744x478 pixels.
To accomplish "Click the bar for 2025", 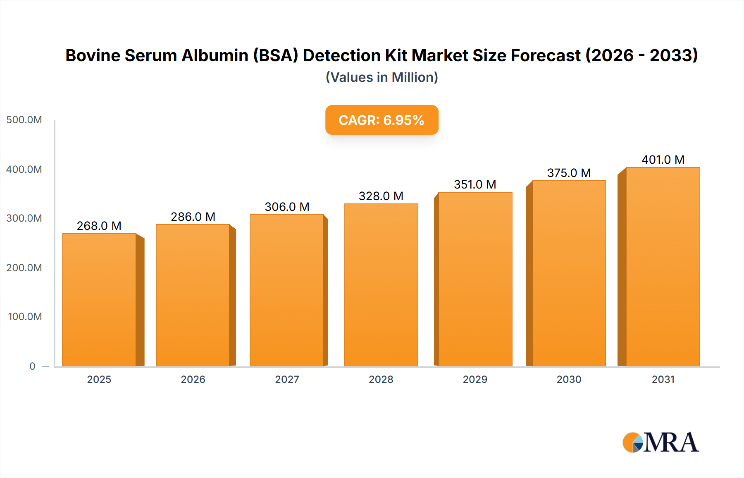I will [99, 300].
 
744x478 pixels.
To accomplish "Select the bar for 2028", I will [381, 285].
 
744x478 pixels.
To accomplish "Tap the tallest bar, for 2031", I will [663, 267].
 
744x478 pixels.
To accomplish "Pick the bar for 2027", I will [287, 290].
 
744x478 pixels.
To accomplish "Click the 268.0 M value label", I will [99, 226].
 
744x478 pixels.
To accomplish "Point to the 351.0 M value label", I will [475, 184].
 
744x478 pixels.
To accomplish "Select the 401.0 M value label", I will [663, 160].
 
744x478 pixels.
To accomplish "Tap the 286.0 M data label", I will [193, 217].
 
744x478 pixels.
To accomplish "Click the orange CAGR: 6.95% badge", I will [382, 120].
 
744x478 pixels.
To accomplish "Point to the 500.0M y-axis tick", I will [24, 120].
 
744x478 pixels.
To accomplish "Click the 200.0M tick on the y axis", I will [24, 268].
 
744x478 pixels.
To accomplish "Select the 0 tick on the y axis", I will [32, 366].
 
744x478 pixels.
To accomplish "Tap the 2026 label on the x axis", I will [193, 379].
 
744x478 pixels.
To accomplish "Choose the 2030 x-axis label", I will [569, 379].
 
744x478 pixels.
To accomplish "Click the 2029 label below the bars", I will [475, 379].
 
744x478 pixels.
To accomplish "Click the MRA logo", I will [661, 442].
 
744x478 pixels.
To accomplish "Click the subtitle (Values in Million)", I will [382, 77].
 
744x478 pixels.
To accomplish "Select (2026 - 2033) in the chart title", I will [641, 55].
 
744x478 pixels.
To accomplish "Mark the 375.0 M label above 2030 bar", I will [569, 173].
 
